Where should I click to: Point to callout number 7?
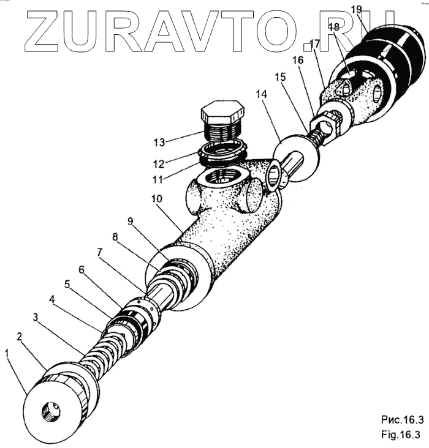coord(99,252)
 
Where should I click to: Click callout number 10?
coord(156,200)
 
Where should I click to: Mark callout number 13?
coord(160,143)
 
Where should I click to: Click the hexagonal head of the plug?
coord(222,113)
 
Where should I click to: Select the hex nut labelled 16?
coord(324,127)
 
